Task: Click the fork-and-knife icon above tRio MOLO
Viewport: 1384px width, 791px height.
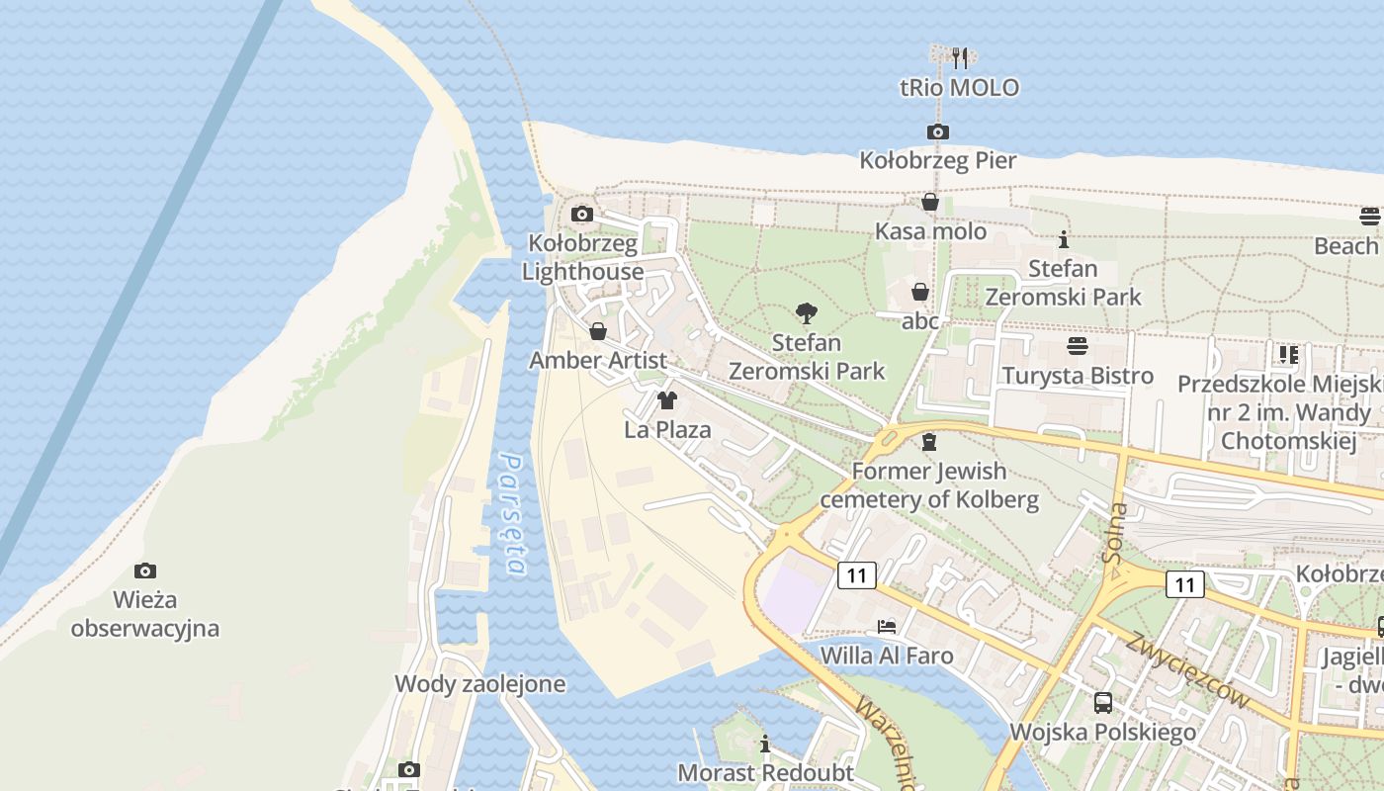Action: (958, 56)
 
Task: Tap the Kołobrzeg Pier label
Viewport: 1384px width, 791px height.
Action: (937, 160)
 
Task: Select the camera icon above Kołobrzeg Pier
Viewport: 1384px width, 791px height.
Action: (937, 132)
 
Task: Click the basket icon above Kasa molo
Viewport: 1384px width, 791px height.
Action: (930, 203)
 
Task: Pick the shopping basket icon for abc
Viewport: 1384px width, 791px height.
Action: (919, 293)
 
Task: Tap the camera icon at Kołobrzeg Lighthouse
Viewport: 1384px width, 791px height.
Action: (582, 214)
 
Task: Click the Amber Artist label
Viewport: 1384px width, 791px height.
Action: (598, 360)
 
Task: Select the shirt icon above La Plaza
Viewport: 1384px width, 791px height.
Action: (667, 400)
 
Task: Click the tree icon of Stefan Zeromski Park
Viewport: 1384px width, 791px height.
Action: (807, 314)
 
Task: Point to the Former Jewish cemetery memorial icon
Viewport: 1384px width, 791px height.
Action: (928, 442)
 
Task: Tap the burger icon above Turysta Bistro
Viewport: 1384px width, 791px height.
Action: (1077, 346)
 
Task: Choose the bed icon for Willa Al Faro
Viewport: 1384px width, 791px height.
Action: (887, 627)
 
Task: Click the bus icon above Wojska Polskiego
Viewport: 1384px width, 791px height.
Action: (1102, 703)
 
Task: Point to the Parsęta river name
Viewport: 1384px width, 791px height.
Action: (512, 514)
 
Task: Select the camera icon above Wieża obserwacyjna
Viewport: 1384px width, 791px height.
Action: (145, 571)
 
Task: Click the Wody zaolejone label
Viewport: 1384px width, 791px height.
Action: (479, 683)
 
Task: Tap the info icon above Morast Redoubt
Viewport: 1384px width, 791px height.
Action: (764, 744)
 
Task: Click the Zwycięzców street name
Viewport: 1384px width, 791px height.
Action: (1186, 669)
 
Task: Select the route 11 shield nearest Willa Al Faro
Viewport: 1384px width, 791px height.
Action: (856, 574)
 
